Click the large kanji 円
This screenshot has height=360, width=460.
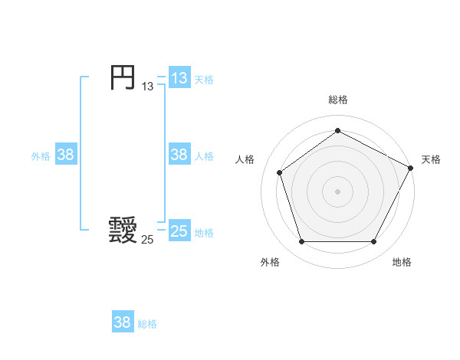click(x=122, y=77)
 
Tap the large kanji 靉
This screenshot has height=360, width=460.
click(x=123, y=229)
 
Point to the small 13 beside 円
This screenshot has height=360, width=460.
click(x=147, y=87)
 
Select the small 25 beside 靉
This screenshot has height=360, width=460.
click(x=147, y=240)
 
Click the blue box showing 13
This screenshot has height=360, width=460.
click(x=179, y=77)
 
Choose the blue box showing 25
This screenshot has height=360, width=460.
click(x=179, y=231)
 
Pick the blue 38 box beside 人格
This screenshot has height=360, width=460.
click(x=179, y=155)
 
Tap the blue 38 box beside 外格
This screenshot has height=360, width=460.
click(x=66, y=155)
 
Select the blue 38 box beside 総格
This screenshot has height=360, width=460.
click(x=123, y=322)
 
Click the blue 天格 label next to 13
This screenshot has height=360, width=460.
click(x=204, y=79)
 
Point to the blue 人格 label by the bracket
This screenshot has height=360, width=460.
click(x=204, y=156)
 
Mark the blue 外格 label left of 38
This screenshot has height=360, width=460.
click(x=41, y=156)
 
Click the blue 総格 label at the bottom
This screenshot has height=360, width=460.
click(x=147, y=324)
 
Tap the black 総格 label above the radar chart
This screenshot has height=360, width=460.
click(x=337, y=100)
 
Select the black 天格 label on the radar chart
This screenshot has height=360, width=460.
click(x=431, y=159)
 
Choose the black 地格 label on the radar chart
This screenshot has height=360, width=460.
click(x=402, y=262)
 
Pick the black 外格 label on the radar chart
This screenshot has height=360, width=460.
click(x=270, y=262)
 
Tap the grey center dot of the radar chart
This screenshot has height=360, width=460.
click(x=337, y=191)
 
